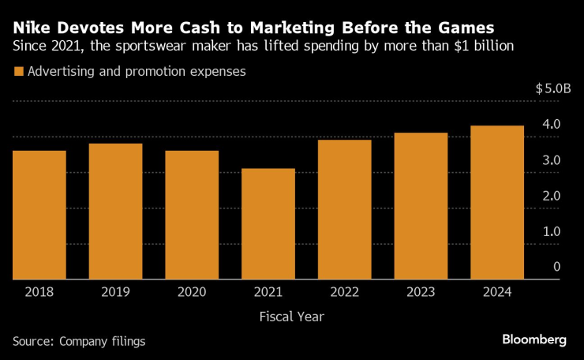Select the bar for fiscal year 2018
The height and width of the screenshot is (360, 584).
(x=39, y=215)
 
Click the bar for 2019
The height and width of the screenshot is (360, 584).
(x=115, y=211)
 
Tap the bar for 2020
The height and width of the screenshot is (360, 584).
(x=192, y=215)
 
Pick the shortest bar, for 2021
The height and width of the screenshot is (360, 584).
(x=268, y=223)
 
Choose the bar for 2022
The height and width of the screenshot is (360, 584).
(x=345, y=209)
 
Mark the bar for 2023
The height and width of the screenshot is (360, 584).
(x=421, y=206)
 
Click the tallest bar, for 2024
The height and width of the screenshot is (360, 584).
(x=497, y=202)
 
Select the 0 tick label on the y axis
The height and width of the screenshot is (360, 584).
(x=556, y=267)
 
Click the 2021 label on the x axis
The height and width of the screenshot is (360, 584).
(x=268, y=292)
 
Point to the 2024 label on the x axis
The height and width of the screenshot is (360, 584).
(x=497, y=292)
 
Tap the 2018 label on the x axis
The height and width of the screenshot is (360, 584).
(x=39, y=292)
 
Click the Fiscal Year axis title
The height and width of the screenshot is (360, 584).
(x=291, y=317)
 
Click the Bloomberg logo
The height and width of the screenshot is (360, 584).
(x=534, y=339)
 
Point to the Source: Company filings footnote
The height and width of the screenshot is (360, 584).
(x=79, y=341)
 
